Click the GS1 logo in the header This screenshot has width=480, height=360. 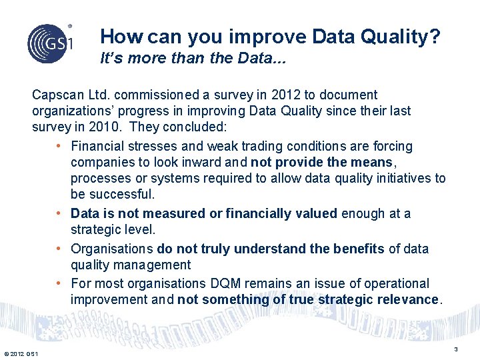tap(50, 43)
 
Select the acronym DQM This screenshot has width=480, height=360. tap(204, 283)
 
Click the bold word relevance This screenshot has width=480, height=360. tap(405, 299)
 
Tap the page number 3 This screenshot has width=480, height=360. tap(456, 349)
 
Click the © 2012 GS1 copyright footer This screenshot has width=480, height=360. tap(21, 353)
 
